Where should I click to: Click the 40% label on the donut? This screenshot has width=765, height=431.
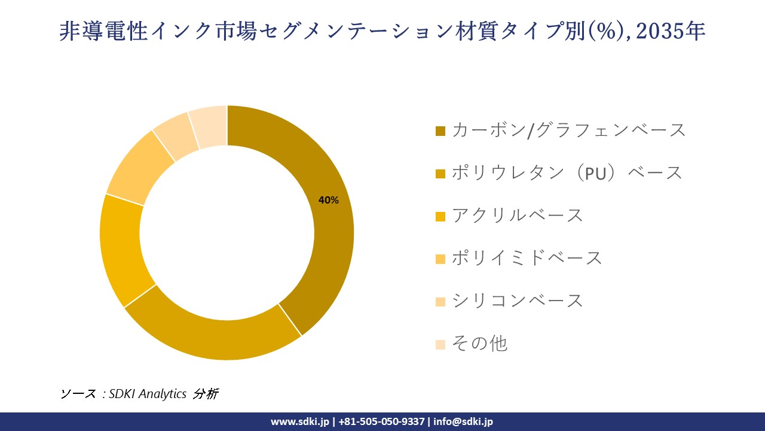[x=328, y=201]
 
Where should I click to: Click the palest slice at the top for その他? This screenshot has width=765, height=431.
[x=209, y=126]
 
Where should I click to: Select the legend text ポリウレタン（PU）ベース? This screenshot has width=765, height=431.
[x=567, y=173]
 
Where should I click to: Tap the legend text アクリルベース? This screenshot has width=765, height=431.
[x=517, y=215]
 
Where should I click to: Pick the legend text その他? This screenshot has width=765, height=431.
[x=479, y=344]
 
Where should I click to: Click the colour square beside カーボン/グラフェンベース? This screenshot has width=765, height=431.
[x=440, y=130]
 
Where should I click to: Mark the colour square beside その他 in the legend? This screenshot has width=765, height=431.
[x=440, y=344]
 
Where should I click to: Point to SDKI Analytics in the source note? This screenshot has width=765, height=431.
[x=148, y=394]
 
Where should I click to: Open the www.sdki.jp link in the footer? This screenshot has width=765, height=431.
[x=299, y=421]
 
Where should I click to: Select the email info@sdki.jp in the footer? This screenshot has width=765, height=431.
[x=463, y=421]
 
